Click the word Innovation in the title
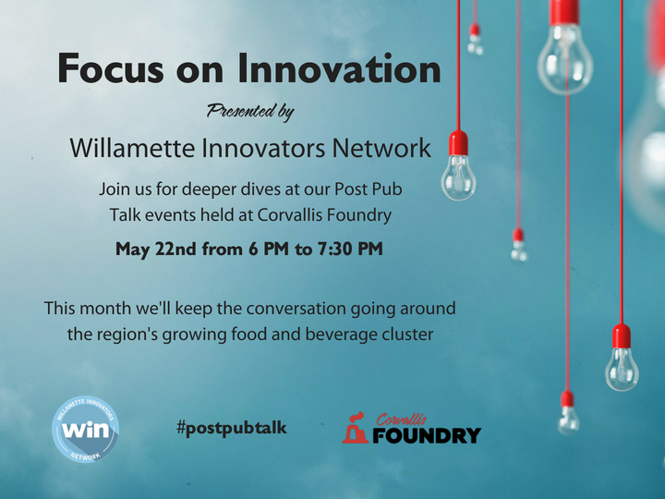[339, 67]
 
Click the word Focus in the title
[110, 67]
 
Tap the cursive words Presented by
[250, 112]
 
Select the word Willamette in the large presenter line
[133, 148]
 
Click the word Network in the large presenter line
[381, 148]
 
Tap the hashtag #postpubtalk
[232, 428]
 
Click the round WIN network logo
[85, 429]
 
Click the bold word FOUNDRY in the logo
[427, 435]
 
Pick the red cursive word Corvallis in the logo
[401, 420]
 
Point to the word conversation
[296, 309]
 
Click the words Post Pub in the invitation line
[369, 189]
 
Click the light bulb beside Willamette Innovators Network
[458, 165]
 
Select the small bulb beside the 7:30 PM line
[518, 245]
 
